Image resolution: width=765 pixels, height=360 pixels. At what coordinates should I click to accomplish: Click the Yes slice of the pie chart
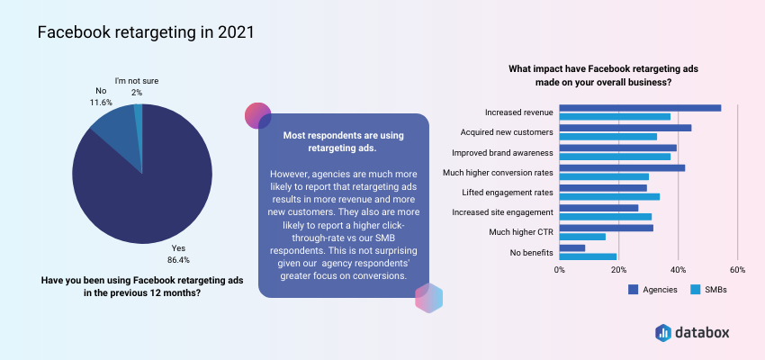click(x=147, y=195)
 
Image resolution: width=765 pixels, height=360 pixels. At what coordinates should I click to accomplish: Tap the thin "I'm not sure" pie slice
click(x=139, y=117)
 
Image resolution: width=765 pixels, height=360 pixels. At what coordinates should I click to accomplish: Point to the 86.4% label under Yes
click(x=178, y=260)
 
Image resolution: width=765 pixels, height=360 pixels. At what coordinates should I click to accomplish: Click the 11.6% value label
click(x=102, y=103)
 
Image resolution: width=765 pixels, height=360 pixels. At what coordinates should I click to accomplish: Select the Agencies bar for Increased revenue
click(x=640, y=108)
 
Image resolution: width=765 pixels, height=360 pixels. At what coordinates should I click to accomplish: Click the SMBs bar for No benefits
click(x=588, y=256)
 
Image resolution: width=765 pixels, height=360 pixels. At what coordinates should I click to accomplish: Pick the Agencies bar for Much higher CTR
click(x=606, y=228)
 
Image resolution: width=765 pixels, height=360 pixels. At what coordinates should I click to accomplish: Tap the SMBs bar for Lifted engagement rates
click(x=609, y=196)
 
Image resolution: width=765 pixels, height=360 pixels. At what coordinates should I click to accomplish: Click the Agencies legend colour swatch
click(x=634, y=289)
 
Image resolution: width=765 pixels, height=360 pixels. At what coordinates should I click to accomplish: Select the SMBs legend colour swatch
click(x=696, y=289)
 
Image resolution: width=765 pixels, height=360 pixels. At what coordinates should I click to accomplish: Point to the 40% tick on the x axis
click(x=679, y=270)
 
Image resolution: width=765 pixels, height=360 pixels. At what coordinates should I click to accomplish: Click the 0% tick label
click(x=560, y=270)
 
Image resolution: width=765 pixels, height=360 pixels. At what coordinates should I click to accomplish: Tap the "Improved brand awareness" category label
click(x=502, y=152)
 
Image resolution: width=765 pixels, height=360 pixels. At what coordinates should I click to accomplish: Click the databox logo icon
click(x=663, y=332)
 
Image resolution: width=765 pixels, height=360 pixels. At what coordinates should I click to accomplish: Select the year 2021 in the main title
click(x=236, y=32)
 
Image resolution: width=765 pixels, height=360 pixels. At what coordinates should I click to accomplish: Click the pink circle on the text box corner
click(x=257, y=115)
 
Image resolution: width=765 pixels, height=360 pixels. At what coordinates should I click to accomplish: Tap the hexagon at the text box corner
click(x=428, y=298)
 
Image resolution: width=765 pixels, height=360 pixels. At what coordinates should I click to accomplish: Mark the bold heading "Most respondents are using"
click(x=344, y=135)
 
